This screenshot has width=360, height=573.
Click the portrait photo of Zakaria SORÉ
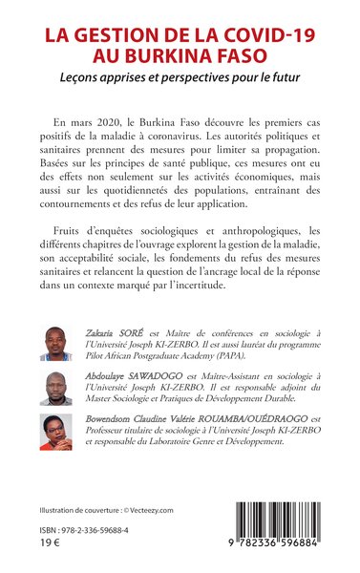tap(56, 345)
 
